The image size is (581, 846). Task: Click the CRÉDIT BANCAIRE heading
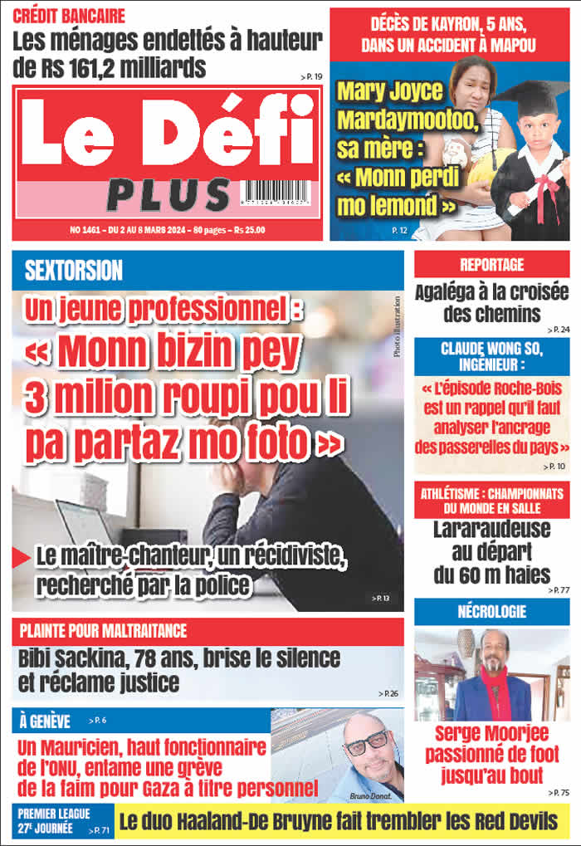pos(70,16)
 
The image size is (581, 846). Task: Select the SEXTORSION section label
pos(74,270)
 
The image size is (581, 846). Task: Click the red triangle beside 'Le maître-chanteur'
pos(22,558)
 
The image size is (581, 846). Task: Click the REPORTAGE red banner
pos(492,265)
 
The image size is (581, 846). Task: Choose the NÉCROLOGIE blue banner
pos(492,612)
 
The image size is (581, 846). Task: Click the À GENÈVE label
pos(46,721)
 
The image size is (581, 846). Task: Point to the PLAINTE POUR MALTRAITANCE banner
pos(104,631)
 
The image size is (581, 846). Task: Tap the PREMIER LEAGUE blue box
pos(55,820)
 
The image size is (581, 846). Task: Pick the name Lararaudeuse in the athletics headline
pos(492,530)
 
